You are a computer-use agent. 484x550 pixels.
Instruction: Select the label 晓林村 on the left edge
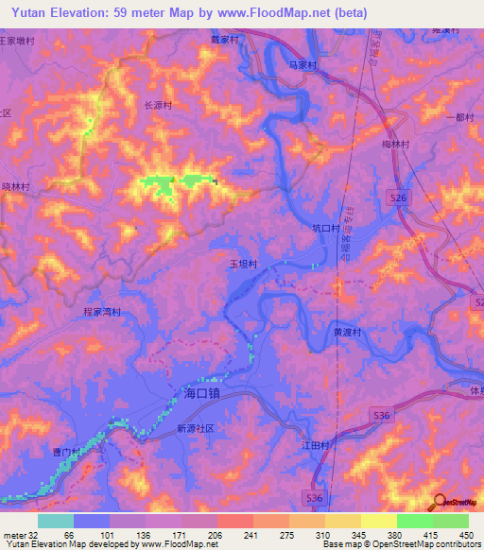click(x=16, y=187)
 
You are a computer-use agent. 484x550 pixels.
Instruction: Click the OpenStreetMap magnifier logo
click(x=439, y=503)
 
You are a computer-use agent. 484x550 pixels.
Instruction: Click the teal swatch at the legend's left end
click(x=56, y=521)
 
